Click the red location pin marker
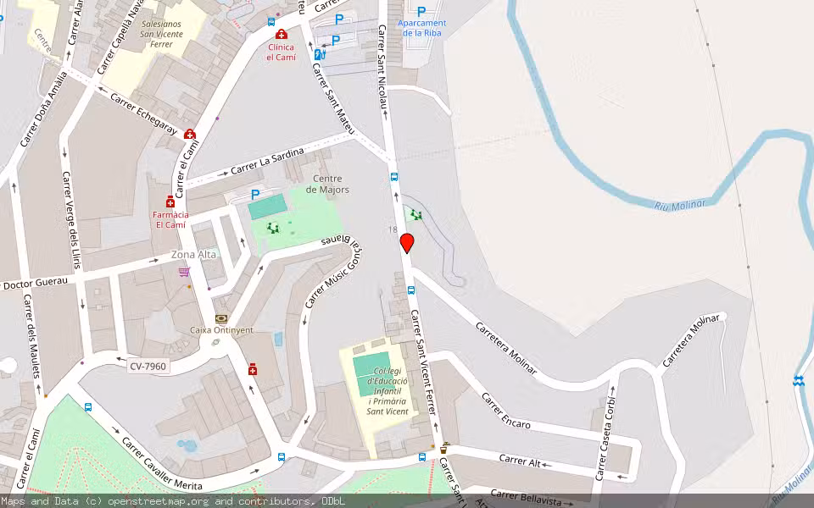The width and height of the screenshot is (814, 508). point(407,243)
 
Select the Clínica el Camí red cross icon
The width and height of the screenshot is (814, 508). point(281,34)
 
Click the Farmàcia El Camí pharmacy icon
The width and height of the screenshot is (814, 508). point(170,202)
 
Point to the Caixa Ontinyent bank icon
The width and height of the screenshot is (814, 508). point(221,318)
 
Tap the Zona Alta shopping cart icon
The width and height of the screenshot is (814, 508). point(184,272)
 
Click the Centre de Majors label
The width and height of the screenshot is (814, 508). point(327,184)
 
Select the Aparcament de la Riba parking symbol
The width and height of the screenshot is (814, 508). point(421,12)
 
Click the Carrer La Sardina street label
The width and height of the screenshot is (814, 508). point(267,161)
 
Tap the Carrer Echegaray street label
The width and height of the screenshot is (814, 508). point(143,113)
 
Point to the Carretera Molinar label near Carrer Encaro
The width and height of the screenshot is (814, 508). point(506,347)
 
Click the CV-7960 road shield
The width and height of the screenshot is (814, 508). point(148,367)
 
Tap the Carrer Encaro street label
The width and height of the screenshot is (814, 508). point(505,411)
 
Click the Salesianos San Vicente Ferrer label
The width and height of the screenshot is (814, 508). point(161,34)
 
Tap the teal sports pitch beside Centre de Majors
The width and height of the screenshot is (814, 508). point(268,206)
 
